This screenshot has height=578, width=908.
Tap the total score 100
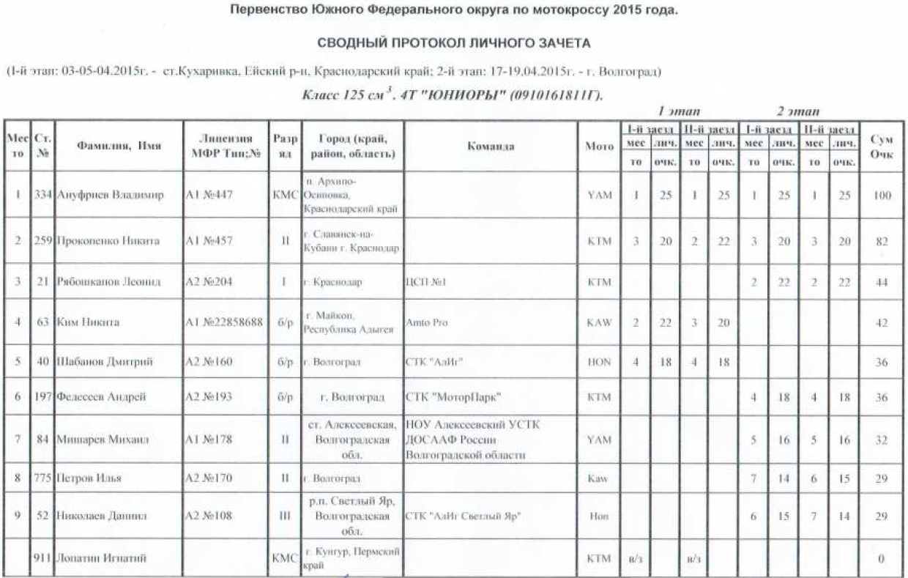click(882, 196)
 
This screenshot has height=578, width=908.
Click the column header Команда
click(490, 146)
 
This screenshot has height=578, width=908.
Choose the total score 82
click(882, 240)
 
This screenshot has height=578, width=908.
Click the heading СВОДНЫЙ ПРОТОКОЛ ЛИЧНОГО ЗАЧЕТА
click(453, 44)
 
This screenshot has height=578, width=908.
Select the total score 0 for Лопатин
click(882, 558)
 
